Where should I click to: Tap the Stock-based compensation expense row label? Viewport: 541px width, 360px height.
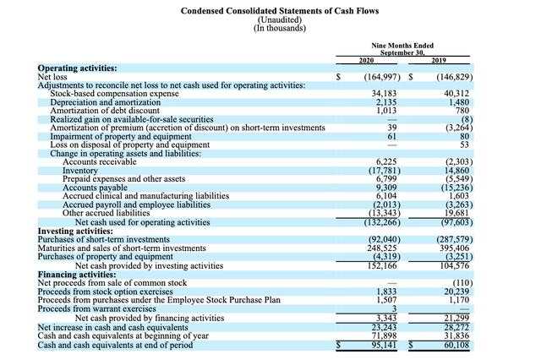[115, 93]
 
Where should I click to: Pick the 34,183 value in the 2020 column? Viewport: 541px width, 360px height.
[385, 93]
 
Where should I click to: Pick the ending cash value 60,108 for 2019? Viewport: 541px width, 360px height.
[457, 345]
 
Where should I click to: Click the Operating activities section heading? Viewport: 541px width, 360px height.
[78, 67]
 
